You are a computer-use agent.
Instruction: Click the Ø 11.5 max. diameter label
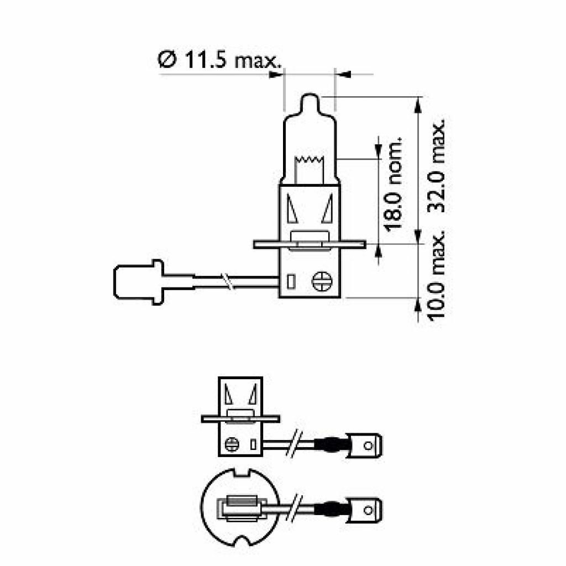219,60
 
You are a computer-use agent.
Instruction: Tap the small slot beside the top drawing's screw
292,282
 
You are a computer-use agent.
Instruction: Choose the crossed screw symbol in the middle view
232,443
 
